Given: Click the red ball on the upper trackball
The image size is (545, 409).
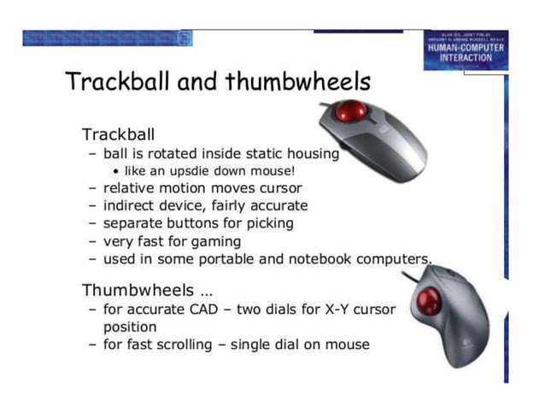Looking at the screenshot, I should tap(349, 111).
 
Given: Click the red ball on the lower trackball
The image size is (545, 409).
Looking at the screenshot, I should tap(429, 300).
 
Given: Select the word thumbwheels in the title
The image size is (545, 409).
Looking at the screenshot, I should tap(299, 82).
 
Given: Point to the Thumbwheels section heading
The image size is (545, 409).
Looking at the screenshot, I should tap(138, 290).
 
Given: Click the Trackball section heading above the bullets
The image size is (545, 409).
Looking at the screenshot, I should tap(118, 135).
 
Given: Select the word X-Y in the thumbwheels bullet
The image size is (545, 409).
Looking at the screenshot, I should tap(328, 309).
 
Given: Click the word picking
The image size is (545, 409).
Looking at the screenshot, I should tap(269, 223).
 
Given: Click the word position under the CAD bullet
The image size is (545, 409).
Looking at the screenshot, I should tap(130, 327).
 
